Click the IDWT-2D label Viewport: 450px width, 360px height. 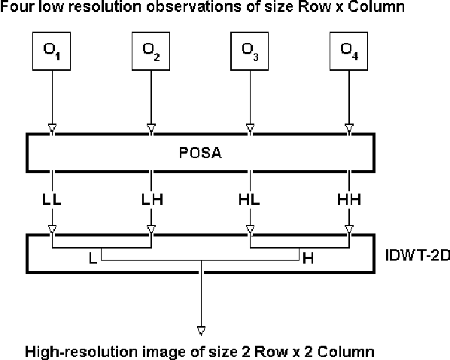coord(414,255)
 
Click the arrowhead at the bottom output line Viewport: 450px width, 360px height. coord(201,329)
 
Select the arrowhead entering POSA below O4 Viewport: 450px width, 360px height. coord(348,126)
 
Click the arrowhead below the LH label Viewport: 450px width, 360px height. coord(151,228)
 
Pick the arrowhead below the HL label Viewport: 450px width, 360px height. coord(250,228)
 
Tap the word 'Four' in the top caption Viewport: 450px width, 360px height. coord(16,7)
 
